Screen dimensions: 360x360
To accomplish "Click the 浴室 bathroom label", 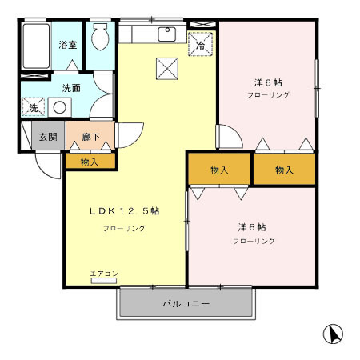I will tap(68, 45).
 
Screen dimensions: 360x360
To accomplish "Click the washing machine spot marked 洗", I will tap(34, 107).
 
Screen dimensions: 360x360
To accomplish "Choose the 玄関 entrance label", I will tap(48, 137).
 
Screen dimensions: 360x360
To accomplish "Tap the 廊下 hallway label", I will tap(90, 137).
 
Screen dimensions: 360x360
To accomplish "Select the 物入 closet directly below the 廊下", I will tap(90, 162).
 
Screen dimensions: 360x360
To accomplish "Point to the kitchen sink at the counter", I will tap(167, 34).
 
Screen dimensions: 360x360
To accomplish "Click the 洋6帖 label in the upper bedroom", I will tap(267, 82).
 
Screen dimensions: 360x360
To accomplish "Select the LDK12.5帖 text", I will tap(123, 211).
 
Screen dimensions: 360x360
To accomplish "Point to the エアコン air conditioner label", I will tap(104, 274).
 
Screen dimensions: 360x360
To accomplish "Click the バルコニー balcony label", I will tap(186, 304).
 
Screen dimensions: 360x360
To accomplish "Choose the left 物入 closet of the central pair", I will tap(219, 170).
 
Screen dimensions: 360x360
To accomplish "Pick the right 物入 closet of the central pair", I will tap(284, 170).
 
